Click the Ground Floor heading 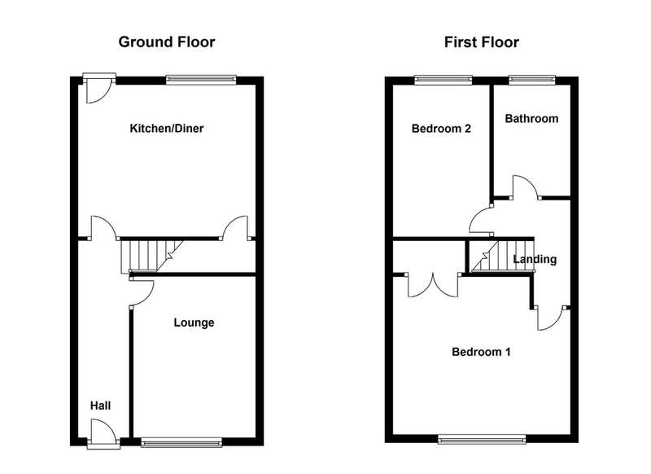[x=167, y=42]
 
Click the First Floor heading [x=481, y=42]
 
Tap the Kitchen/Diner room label [x=167, y=128]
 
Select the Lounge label [x=194, y=323]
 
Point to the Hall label [x=100, y=406]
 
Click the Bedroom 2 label [x=441, y=129]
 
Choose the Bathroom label [x=531, y=118]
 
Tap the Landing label [x=535, y=259]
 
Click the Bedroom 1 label [x=481, y=352]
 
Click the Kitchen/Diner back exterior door [x=98, y=88]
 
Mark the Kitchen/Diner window [x=201, y=80]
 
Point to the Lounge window [x=181, y=442]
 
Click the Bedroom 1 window [x=482, y=439]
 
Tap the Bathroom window [x=532, y=80]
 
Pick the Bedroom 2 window [x=443, y=80]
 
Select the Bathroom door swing [x=526, y=187]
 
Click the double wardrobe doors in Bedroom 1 [x=433, y=285]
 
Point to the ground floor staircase [x=152, y=256]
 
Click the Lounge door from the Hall [x=142, y=294]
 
